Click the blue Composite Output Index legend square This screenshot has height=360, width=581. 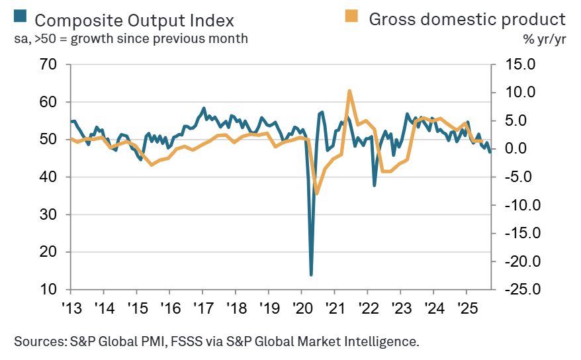coord(20,17)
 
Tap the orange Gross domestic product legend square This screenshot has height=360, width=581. coord(355,17)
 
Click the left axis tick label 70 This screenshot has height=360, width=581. coord(47,65)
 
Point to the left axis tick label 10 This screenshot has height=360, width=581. coord(47,290)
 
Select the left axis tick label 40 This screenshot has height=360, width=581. coord(47,177)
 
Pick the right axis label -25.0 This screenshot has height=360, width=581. coord(517,290)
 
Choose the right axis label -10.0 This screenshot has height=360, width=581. coord(517,205)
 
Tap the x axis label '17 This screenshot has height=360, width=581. coord(202,308)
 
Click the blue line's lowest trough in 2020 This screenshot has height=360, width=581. coord(311,274)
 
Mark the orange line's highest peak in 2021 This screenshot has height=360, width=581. coord(349,91)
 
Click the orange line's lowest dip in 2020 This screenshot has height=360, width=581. coord(317,193)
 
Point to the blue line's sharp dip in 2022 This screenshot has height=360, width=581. coord(375,185)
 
